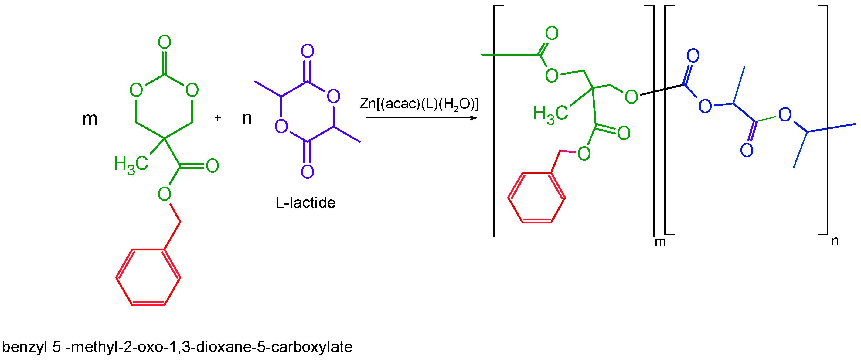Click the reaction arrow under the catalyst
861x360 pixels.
click(x=421, y=118)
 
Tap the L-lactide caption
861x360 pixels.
click(x=305, y=202)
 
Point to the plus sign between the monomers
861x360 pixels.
click(x=218, y=118)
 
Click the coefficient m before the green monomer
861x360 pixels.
click(x=90, y=119)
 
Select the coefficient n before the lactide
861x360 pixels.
click(x=247, y=118)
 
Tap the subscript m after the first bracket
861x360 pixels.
click(x=660, y=242)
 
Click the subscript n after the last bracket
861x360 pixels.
click(x=835, y=241)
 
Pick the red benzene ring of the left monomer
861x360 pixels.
click(x=148, y=277)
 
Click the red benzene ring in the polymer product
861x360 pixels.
click(x=536, y=198)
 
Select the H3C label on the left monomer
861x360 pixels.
click(x=131, y=164)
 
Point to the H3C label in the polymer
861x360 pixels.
click(x=550, y=113)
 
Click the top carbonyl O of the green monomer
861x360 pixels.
click(x=165, y=42)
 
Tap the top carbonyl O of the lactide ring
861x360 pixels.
click(x=308, y=51)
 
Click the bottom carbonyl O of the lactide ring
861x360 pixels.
click(x=308, y=172)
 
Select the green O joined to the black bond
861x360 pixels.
click(x=631, y=97)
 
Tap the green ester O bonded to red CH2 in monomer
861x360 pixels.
click(x=165, y=194)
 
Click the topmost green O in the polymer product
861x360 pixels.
click(x=552, y=33)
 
